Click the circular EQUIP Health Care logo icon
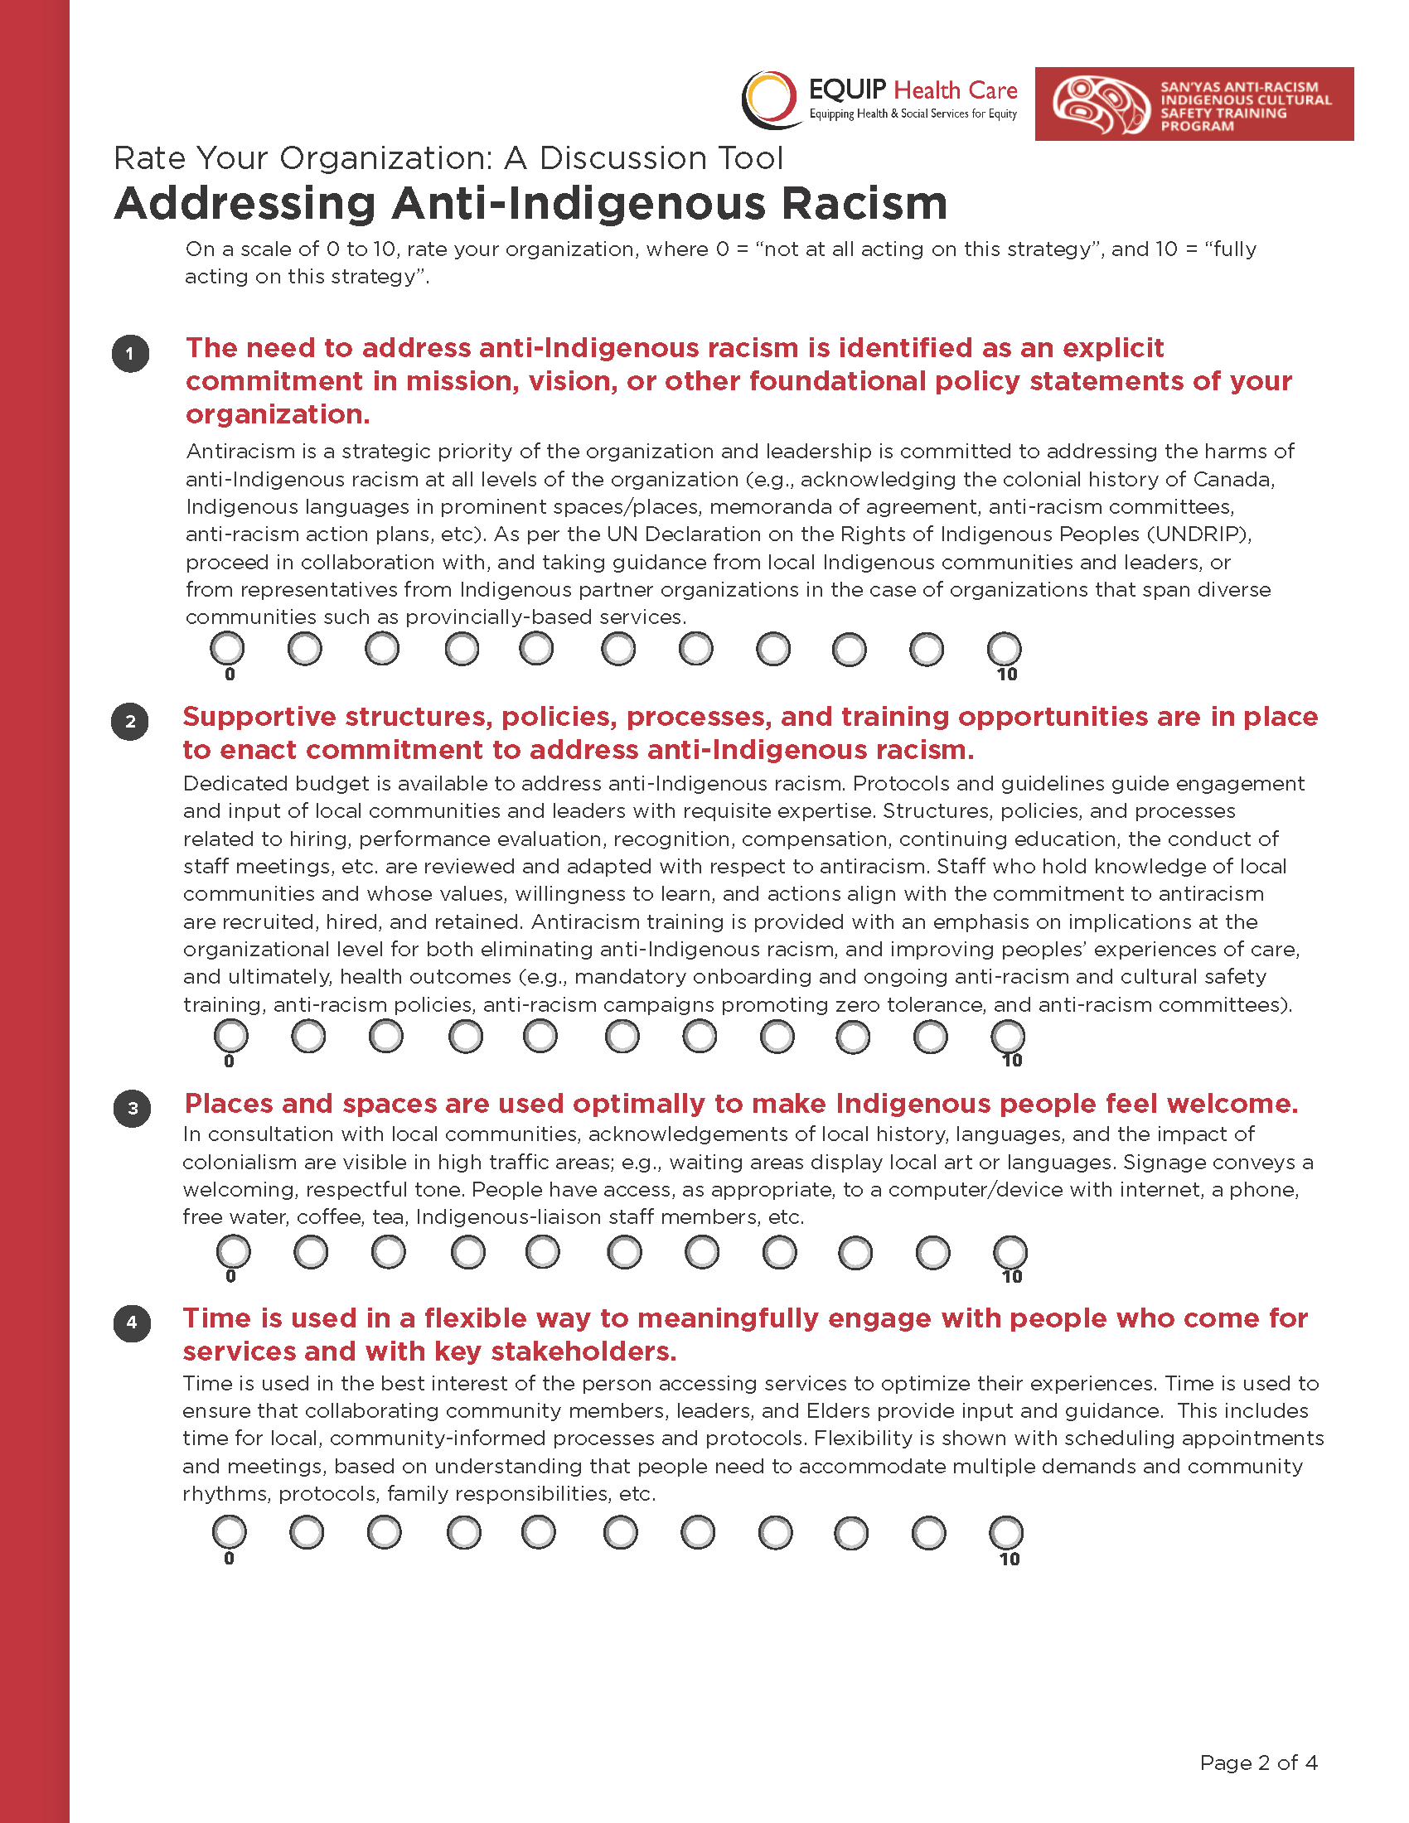(x=770, y=99)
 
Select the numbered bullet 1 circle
(x=130, y=354)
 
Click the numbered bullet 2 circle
(x=130, y=722)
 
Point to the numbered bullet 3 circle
(x=132, y=1109)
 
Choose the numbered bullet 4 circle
(x=132, y=1323)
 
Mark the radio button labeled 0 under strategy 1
(x=227, y=649)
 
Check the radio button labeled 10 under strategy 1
(x=1005, y=649)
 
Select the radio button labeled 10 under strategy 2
(x=1008, y=1037)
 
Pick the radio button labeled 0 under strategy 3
(x=233, y=1252)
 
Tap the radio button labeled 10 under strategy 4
(x=1006, y=1532)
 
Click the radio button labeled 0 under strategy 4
(x=230, y=1531)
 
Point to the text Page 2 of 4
(x=1258, y=1763)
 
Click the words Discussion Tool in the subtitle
(x=661, y=158)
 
